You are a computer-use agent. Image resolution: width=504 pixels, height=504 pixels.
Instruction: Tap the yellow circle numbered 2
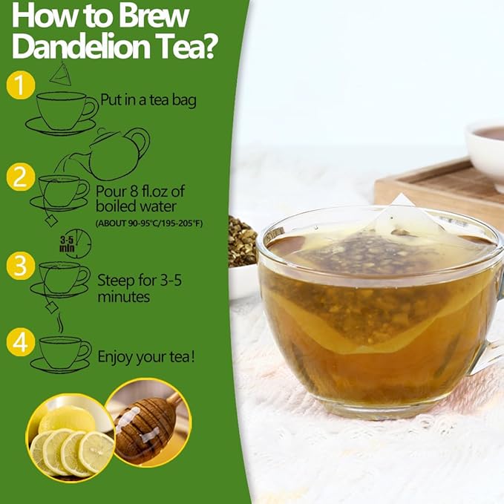(x=20, y=177)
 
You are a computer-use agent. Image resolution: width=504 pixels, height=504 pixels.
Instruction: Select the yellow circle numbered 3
(x=20, y=265)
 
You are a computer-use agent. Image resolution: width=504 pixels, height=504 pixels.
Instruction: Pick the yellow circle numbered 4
(x=20, y=342)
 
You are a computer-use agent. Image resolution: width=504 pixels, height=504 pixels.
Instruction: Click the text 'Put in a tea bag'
(x=148, y=100)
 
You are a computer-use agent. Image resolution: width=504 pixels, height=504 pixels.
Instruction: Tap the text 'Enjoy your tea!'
(x=147, y=357)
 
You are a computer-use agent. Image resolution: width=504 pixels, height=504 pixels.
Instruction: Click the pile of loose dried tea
(x=242, y=241)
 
